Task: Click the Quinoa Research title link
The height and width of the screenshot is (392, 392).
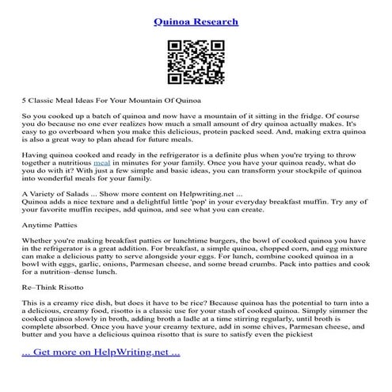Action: point(196,22)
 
